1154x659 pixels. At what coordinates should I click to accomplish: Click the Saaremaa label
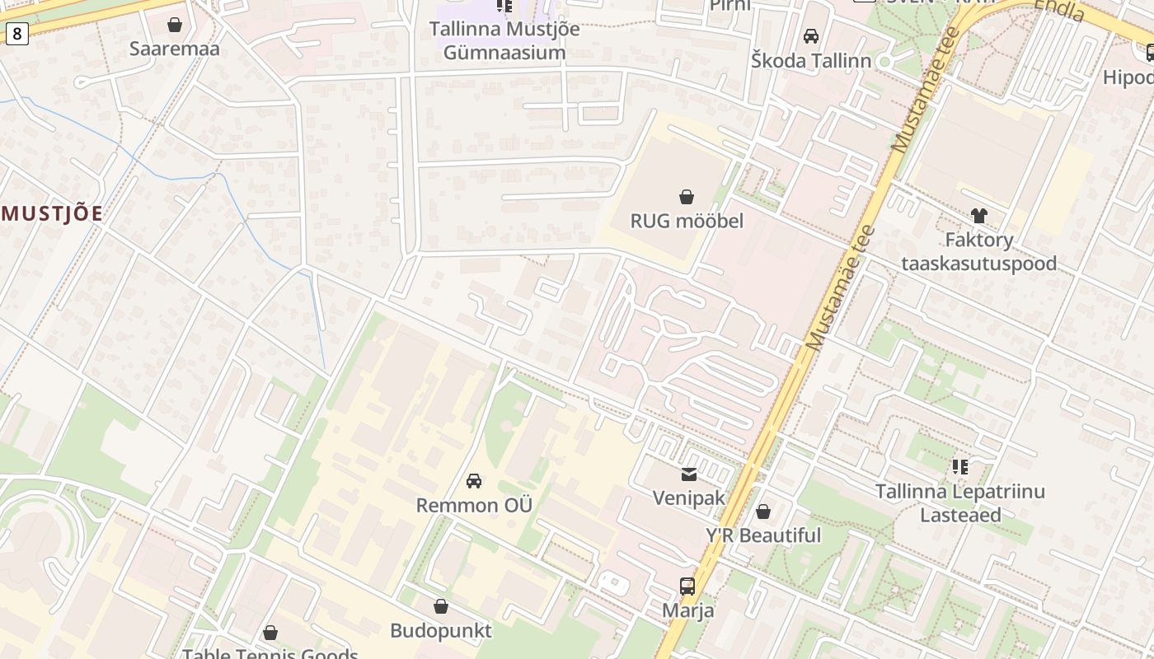pos(175,49)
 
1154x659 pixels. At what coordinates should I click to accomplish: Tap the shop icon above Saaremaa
pos(175,25)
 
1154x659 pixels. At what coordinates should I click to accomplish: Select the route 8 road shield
pos(16,34)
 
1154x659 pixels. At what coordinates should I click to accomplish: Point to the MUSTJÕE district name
pos(52,214)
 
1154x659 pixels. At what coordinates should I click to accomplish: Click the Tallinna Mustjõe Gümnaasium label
pos(504,40)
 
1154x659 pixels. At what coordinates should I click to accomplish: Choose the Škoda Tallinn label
pos(810,60)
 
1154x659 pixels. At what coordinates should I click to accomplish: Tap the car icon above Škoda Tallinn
pos(811,36)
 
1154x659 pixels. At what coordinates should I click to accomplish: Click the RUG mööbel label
pos(687,221)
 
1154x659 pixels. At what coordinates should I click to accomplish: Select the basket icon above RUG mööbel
pos(687,197)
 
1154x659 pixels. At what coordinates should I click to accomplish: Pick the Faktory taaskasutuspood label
pos(978,251)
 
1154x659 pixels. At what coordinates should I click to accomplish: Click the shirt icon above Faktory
pos(978,216)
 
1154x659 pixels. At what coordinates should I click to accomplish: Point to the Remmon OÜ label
pos(474,505)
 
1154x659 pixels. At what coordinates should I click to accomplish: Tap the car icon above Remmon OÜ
pos(474,481)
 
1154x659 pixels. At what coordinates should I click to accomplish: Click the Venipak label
pos(688,498)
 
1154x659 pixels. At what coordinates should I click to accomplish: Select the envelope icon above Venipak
pos(688,474)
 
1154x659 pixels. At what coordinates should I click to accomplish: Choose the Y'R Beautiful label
pos(763,535)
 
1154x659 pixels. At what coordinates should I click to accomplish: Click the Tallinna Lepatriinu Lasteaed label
pos(960,503)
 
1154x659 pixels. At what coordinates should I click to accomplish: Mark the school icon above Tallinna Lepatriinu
pos(960,467)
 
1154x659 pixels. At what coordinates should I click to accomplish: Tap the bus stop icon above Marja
pos(687,587)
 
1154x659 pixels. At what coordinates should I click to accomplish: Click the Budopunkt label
pos(441,631)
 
